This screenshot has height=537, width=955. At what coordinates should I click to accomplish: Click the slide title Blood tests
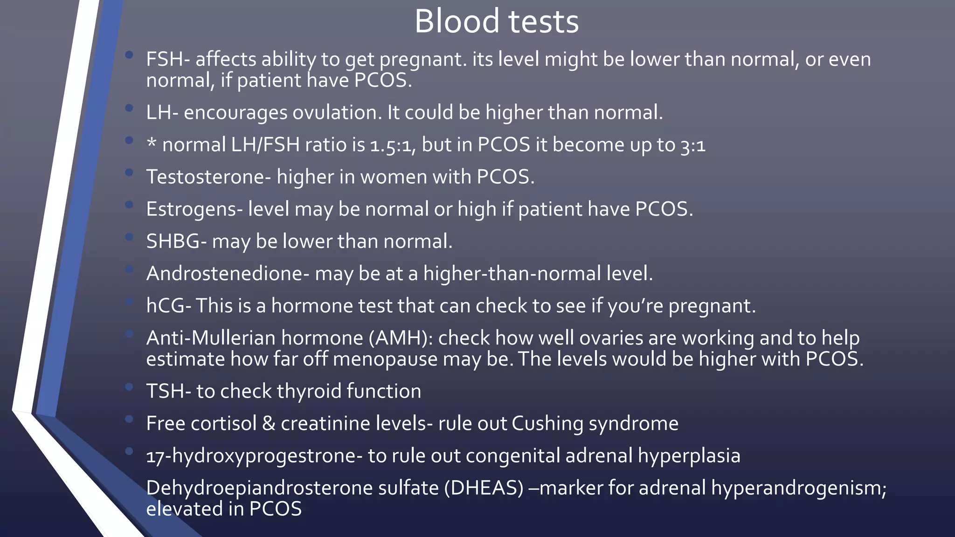[496, 21]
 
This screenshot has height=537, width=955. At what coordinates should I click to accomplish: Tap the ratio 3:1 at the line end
[693, 145]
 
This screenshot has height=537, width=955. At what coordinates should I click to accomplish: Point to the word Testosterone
[205, 177]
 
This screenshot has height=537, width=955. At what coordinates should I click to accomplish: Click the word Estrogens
[191, 209]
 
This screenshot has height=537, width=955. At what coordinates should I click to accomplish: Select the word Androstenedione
[224, 274]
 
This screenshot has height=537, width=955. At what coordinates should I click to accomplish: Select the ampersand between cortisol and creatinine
[269, 424]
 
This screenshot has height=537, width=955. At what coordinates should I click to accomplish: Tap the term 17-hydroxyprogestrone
[251, 456]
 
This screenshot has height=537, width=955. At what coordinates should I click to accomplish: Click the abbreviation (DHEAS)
[484, 488]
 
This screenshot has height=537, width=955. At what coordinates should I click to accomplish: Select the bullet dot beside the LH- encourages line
[129, 108]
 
